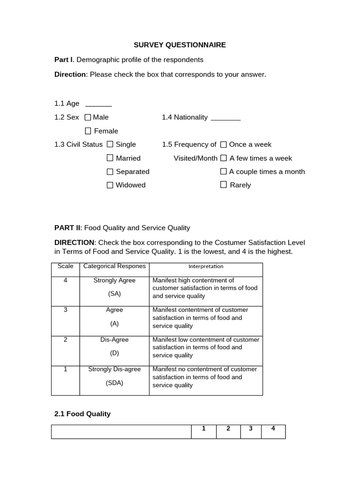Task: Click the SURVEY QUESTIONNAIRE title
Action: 180,45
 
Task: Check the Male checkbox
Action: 88,117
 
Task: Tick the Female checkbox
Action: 88,131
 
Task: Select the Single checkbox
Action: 110,144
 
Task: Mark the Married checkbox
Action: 110,158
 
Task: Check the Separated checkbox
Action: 110,172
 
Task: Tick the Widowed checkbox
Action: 110,185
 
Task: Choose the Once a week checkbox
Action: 224,144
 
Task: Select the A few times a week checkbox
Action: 224,158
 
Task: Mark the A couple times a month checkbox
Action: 224,172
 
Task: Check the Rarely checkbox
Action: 224,185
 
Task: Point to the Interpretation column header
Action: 206,266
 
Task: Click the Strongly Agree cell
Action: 114,281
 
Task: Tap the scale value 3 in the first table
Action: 65,310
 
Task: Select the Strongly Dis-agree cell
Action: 114,369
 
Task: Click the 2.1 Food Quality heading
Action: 82,414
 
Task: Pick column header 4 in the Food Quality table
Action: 273,429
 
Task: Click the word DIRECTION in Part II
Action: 75,242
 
